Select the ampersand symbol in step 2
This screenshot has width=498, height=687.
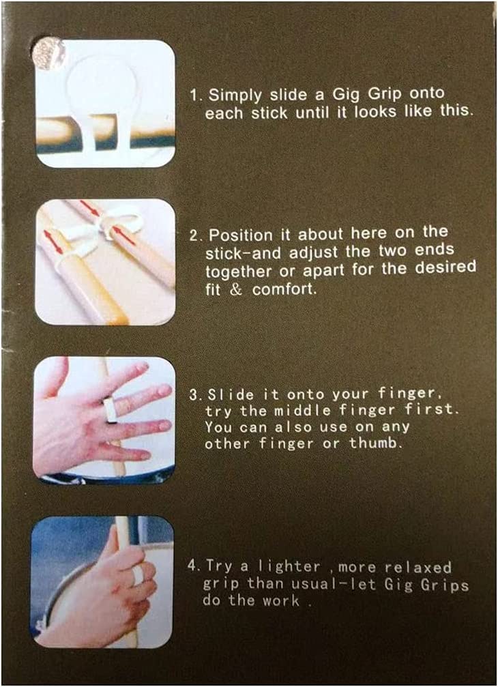tap(235, 290)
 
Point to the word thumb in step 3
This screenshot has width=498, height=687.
tap(375, 443)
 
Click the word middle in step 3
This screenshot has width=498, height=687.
tap(302, 411)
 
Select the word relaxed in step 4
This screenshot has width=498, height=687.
tap(418, 568)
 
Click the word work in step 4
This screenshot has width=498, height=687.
tap(281, 600)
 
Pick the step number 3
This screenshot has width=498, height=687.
tap(194, 394)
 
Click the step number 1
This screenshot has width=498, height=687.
tap(194, 96)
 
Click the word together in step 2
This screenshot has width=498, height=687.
tap(240, 272)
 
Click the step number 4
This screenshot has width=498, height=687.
tap(192, 565)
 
